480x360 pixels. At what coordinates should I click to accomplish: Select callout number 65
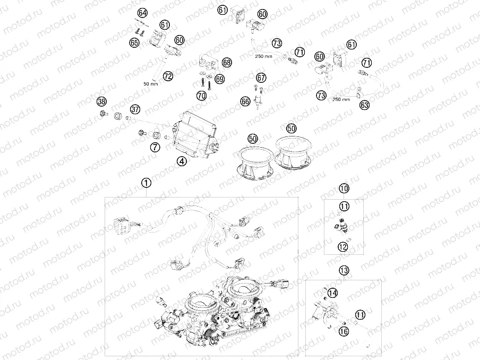(x=134, y=42)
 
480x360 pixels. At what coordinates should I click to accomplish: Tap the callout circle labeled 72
(x=168, y=76)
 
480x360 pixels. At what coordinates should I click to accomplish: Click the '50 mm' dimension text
(x=151, y=84)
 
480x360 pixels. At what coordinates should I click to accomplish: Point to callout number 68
(x=227, y=63)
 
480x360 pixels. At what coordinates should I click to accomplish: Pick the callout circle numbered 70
(x=201, y=96)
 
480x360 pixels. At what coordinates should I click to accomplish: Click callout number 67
(x=261, y=78)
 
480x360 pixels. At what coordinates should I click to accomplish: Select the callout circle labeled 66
(x=245, y=100)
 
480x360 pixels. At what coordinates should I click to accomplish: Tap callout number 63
(x=364, y=105)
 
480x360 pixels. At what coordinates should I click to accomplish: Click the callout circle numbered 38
(x=101, y=101)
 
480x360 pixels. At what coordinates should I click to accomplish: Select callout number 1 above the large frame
(x=146, y=183)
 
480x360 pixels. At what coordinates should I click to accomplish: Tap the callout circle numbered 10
(x=344, y=188)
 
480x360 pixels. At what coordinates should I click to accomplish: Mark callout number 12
(x=343, y=246)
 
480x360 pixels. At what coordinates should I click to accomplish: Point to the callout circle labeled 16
(x=344, y=331)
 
